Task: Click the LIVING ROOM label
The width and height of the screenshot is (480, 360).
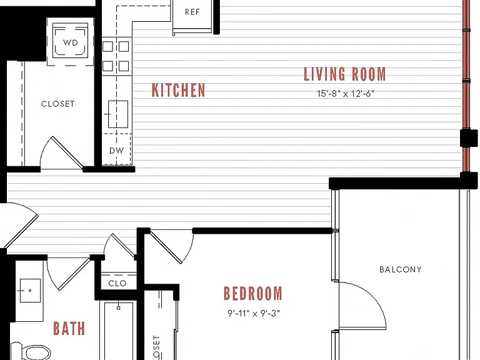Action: (x=345, y=74)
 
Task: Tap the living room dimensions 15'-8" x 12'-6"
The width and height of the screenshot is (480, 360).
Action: (x=346, y=93)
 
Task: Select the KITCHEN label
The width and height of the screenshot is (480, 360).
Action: (x=179, y=90)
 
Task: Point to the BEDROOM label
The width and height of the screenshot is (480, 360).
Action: (x=253, y=293)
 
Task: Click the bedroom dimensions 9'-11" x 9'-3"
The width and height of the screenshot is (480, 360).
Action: (x=254, y=313)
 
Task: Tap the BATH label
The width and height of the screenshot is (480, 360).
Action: (x=69, y=329)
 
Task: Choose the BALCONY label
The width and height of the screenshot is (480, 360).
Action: (x=401, y=269)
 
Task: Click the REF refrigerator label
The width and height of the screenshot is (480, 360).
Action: (x=192, y=12)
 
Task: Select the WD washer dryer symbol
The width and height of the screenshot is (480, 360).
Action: (x=71, y=41)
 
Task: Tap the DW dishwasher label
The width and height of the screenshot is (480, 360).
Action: (x=117, y=151)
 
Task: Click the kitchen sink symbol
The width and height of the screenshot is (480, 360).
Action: (x=117, y=114)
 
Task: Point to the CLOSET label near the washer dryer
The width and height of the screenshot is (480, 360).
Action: (x=58, y=104)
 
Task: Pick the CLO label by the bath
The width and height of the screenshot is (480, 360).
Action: (x=117, y=284)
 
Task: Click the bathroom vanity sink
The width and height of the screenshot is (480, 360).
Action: (x=30, y=291)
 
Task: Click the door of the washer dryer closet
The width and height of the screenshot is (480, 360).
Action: (x=67, y=152)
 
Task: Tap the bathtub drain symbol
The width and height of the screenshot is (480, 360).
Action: (x=119, y=307)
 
